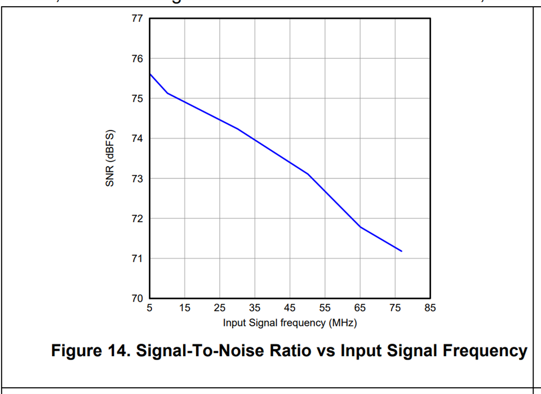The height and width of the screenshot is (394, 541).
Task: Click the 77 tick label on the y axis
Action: (138, 19)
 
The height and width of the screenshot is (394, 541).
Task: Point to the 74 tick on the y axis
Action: (138, 138)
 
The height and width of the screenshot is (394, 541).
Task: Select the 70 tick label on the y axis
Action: (138, 298)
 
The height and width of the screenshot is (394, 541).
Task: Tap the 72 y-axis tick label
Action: (138, 218)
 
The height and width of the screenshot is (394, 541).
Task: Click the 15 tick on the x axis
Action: (184, 308)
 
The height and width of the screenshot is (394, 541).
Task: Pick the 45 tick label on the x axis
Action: (290, 308)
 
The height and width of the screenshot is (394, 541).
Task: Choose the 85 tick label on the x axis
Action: (431, 308)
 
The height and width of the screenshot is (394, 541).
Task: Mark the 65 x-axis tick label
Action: (360, 308)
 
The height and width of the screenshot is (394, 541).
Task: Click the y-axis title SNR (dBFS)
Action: (110, 158)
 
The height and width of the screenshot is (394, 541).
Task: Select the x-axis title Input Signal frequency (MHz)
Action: (290, 323)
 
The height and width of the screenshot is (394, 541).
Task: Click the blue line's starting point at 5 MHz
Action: (149, 74)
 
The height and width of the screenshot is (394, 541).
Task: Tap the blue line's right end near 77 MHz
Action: (402, 251)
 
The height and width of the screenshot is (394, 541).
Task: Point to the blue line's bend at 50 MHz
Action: (308, 174)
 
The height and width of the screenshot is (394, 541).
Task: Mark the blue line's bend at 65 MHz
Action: (360, 227)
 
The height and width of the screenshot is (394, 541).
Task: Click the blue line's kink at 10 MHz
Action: (167, 93)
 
